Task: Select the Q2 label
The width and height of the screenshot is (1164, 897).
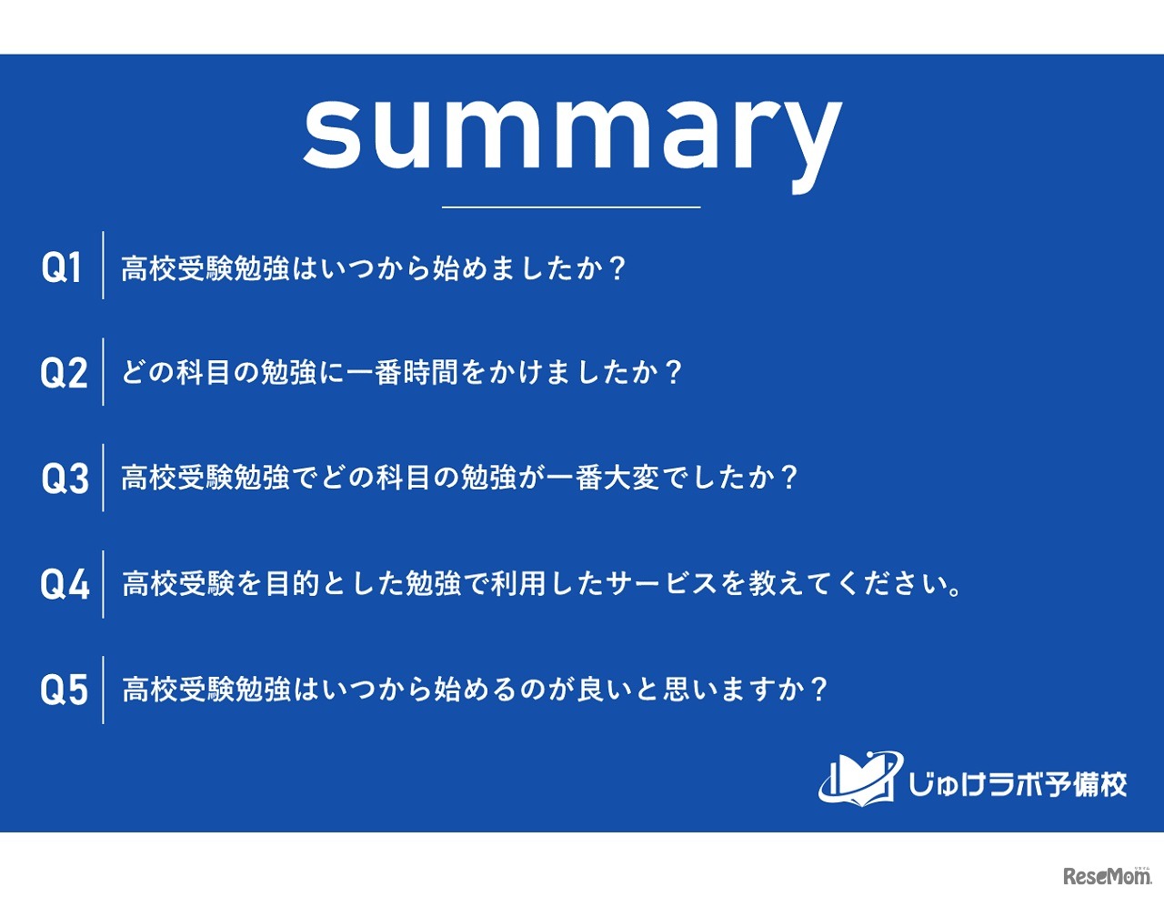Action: (x=64, y=373)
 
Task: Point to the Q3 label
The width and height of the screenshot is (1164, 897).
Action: (x=65, y=479)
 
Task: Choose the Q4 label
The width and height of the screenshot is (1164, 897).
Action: (x=65, y=584)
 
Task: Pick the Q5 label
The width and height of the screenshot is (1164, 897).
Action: (x=65, y=690)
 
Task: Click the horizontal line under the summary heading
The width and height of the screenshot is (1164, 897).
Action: (x=571, y=207)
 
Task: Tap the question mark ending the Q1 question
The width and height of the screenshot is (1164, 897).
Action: (x=617, y=268)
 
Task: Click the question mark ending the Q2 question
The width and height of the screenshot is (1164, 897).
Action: (x=673, y=372)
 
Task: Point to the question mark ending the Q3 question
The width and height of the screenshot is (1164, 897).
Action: (x=788, y=478)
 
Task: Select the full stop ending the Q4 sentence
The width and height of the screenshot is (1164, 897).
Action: (x=954, y=591)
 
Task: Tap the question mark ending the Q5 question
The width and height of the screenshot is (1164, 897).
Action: (x=819, y=689)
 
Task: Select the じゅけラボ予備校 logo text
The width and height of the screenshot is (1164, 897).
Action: (x=1018, y=784)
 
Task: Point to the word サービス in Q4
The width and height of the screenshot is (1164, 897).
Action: (x=662, y=583)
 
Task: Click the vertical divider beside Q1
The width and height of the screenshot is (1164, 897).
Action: (x=103, y=266)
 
